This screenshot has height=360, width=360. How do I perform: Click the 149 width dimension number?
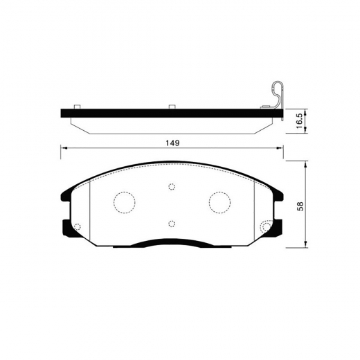point(172,143)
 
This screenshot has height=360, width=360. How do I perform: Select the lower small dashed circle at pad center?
point(172,223)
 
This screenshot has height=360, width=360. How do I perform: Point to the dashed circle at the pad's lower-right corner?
point(267,227)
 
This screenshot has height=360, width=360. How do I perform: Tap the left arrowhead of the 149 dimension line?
point(64,147)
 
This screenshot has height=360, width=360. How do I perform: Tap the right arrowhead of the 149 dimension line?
point(280,147)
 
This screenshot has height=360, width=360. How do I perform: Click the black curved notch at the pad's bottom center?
point(172,242)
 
